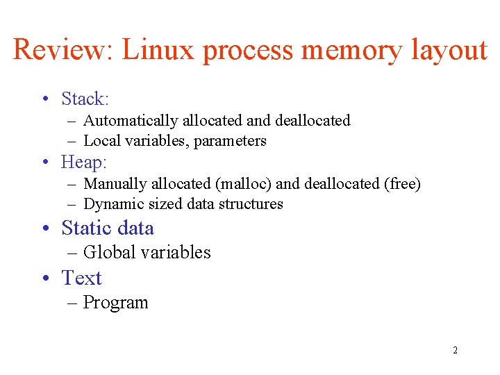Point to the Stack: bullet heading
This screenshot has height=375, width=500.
[x=85, y=99]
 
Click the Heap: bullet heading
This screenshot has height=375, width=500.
[x=84, y=162]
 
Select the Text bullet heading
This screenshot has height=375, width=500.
[x=81, y=278]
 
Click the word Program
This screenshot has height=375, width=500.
[x=115, y=303]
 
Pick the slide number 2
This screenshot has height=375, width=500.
[x=455, y=350]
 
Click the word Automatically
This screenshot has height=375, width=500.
[x=131, y=121]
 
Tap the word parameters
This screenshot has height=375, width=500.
[x=230, y=141]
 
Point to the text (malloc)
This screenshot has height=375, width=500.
[x=244, y=184]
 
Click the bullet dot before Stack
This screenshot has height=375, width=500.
[x=44, y=100]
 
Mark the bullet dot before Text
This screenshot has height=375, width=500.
[x=44, y=278]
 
